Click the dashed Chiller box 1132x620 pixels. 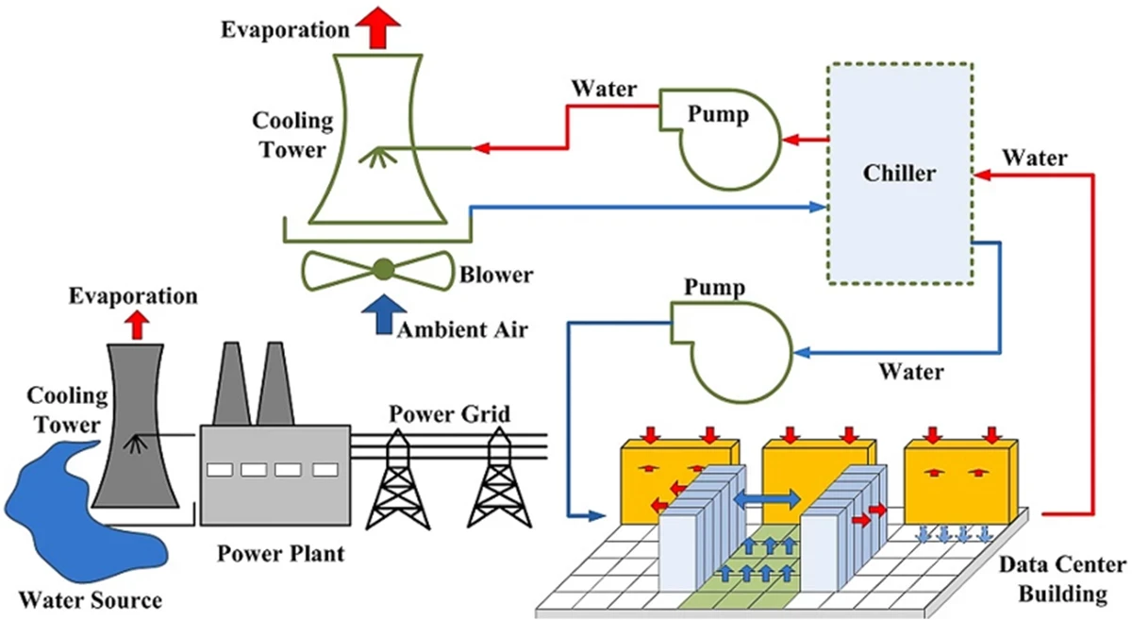[x=899, y=173]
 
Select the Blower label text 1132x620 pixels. [x=496, y=276]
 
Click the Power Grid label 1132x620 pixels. [x=450, y=413]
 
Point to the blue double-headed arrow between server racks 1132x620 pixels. [x=766, y=496]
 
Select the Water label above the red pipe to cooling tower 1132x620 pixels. [x=605, y=91]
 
